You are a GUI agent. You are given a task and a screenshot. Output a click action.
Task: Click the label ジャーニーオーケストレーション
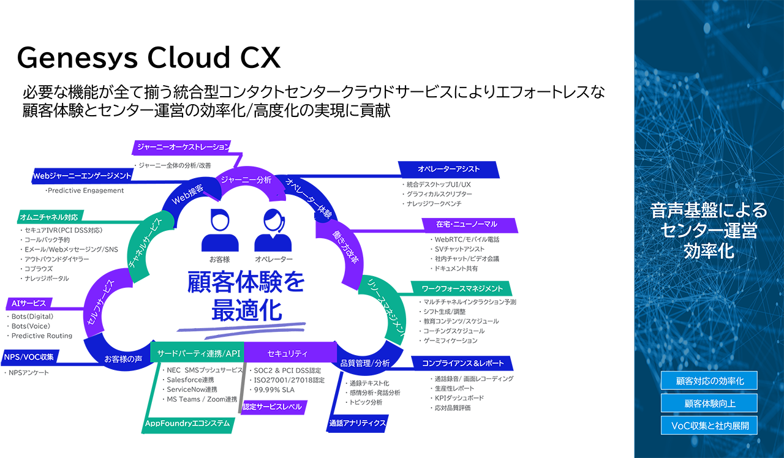[183, 147]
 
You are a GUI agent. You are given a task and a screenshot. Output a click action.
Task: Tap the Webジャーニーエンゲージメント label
[82, 176]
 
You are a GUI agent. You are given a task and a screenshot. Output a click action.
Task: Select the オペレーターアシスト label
[449, 169]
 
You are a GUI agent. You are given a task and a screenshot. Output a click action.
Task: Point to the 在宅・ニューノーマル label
[467, 224]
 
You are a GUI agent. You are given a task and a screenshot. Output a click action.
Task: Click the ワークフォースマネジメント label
[462, 288]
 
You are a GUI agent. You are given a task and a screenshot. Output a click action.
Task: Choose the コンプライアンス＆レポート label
[463, 363]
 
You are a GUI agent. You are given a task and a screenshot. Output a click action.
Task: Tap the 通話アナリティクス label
[358, 422]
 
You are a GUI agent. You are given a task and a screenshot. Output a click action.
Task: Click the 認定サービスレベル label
[273, 407]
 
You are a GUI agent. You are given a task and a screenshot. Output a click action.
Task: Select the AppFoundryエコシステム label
[187, 423]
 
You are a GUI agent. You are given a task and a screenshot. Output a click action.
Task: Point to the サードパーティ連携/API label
[199, 354]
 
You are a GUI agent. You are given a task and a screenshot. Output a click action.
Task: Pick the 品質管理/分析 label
[365, 363]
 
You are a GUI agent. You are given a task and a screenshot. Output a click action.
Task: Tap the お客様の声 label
[123, 359]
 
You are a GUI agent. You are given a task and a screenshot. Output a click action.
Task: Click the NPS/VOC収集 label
[29, 356]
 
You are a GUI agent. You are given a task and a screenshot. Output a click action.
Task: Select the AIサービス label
[28, 303]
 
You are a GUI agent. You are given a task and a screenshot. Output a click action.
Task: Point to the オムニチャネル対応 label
[49, 217]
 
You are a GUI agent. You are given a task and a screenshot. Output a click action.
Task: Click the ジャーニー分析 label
[246, 180]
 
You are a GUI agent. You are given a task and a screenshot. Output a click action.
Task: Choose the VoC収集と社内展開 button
[709, 425]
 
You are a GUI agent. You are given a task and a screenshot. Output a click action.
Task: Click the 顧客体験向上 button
[709, 403]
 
